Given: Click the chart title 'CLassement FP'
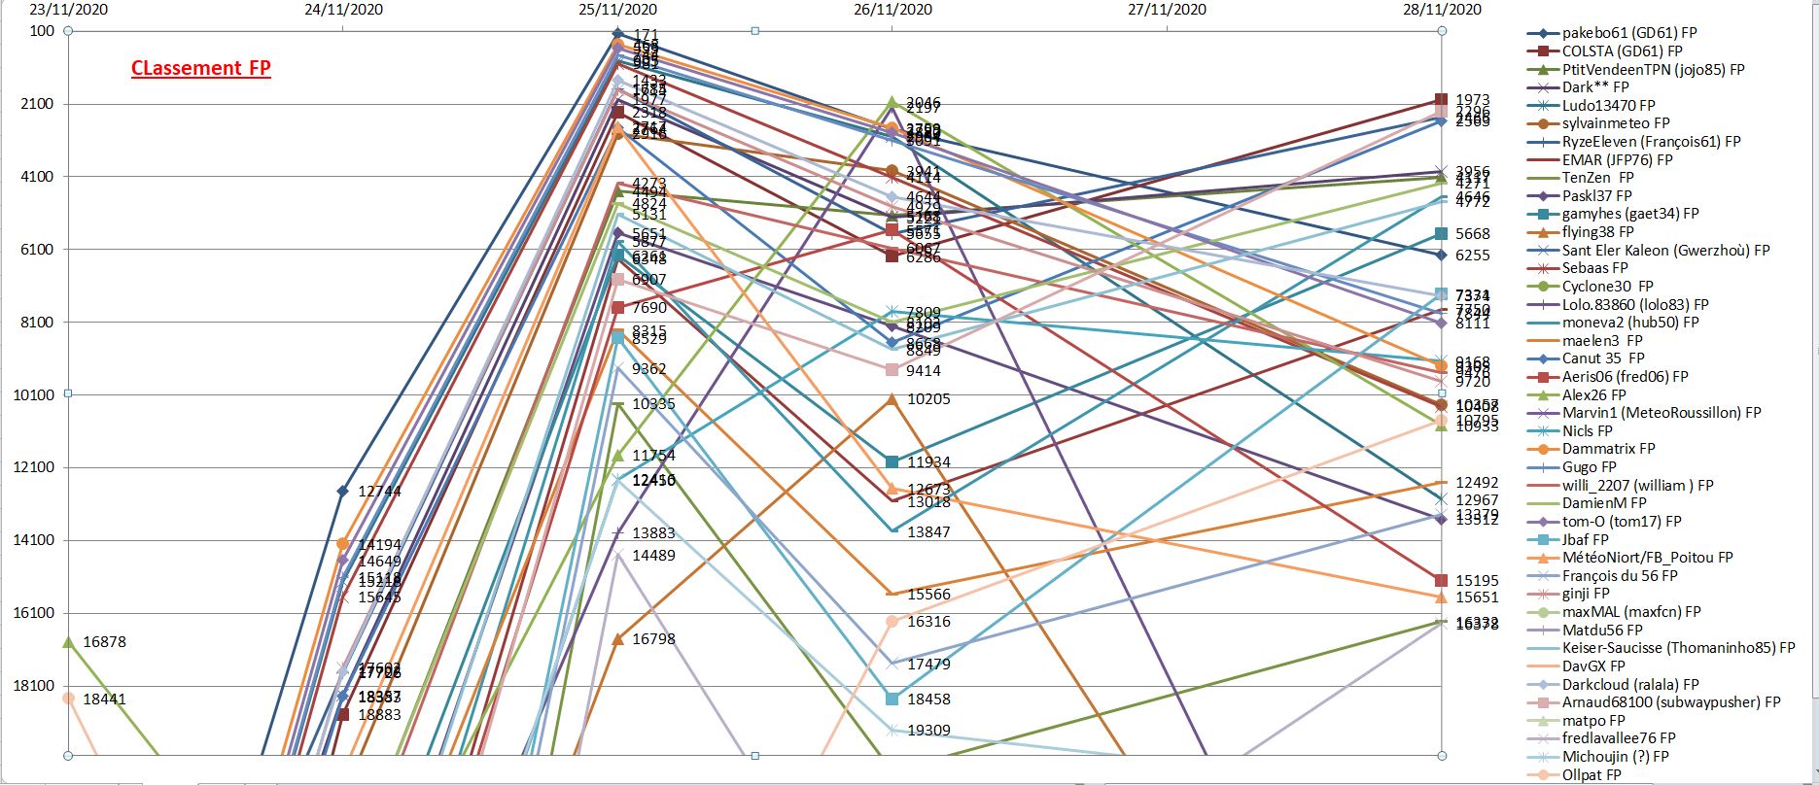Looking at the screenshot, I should (201, 68).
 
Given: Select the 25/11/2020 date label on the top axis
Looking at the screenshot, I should (617, 10).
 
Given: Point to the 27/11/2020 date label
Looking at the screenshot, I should (1167, 10).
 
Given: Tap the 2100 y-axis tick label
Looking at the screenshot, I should (41, 104).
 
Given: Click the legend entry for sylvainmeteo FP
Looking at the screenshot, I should (1616, 123).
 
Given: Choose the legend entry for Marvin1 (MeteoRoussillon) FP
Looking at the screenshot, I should (1662, 413).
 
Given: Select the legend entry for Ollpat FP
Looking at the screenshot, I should (1592, 775).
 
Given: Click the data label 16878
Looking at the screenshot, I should (105, 642).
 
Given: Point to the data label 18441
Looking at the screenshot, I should (105, 699).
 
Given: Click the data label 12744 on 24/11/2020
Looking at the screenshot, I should (379, 492).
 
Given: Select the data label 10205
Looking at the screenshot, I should (928, 399).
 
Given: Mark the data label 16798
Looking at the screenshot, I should (653, 639).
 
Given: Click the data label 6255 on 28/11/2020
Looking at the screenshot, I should (1472, 256).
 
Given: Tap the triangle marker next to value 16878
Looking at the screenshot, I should (68, 642).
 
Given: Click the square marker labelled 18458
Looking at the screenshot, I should (892, 699).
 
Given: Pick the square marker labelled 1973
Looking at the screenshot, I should (1441, 100).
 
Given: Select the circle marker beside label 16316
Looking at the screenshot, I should (892, 621).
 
